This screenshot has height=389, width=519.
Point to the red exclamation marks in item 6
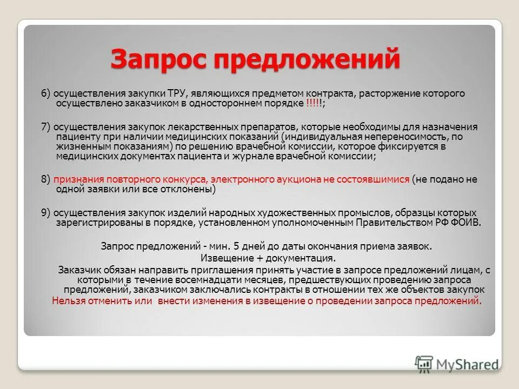(x=314, y=103)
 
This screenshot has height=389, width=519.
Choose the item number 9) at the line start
(x=46, y=212)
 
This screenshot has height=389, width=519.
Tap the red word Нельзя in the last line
(x=68, y=301)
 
